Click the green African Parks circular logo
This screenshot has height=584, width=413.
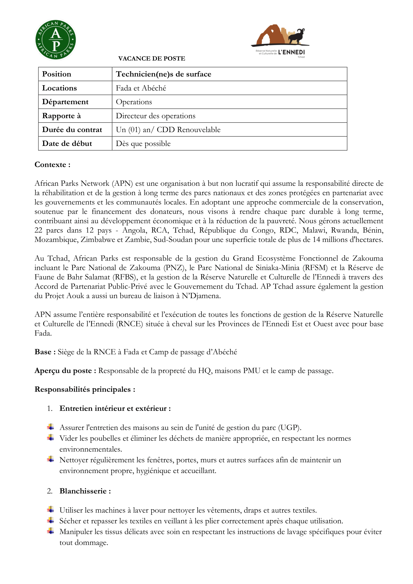55,40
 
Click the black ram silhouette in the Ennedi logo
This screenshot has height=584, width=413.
296,37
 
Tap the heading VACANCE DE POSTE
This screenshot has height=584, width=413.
152,58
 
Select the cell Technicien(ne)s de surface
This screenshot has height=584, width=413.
164,74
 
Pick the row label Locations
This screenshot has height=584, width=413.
59,88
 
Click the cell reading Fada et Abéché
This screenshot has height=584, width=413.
141,88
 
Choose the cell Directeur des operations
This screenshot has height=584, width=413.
156,116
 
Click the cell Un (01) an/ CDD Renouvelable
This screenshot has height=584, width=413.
168,130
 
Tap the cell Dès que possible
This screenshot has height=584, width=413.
143,144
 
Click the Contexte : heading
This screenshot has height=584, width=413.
52,165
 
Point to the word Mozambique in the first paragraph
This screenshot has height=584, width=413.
56,240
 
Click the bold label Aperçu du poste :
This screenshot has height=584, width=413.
65,371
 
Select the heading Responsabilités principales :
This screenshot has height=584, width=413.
85,389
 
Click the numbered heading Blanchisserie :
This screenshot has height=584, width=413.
85,491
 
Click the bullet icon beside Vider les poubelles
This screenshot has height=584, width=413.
51,438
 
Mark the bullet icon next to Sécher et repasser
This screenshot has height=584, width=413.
51,520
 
